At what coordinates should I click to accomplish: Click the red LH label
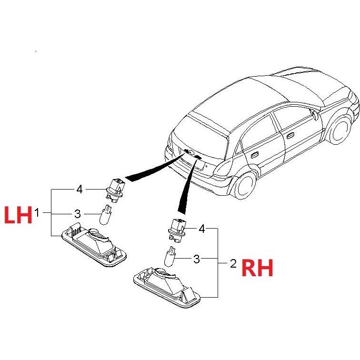point(19,215)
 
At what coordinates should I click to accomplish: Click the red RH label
point(257,267)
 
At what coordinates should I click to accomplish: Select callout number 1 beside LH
point(37,212)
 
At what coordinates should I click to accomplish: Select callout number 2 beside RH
point(233,264)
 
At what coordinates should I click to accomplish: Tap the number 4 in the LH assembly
point(79,190)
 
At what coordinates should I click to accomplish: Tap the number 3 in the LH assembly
point(78,214)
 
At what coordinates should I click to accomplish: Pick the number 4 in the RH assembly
point(202,229)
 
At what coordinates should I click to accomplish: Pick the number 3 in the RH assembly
point(197,259)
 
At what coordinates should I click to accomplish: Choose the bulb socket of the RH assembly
point(178,230)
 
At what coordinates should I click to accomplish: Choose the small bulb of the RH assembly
point(170,257)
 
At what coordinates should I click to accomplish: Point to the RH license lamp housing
point(167,288)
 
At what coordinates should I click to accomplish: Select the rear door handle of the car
point(254,155)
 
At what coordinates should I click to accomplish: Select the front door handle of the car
point(290,136)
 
